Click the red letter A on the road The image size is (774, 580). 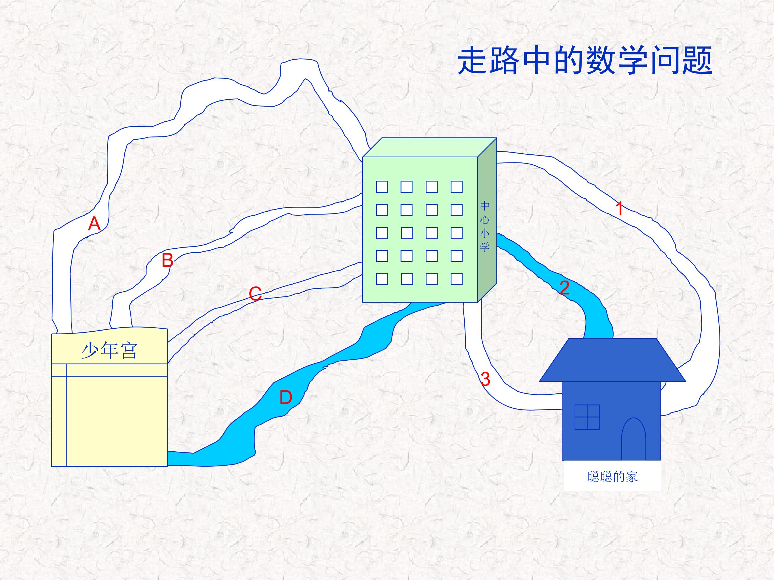tap(94, 224)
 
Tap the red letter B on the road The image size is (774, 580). tap(168, 260)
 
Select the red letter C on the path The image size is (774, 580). tap(255, 294)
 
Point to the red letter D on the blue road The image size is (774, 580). tap(285, 397)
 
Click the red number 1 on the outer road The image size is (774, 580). tap(619, 208)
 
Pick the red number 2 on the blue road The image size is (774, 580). tap(564, 287)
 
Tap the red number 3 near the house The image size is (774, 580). tap(485, 379)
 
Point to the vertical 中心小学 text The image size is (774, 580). tap(485, 226)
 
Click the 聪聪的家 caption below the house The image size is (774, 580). tap(612, 477)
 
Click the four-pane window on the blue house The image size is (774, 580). tap(587, 417)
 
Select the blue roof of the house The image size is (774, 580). tap(612, 360)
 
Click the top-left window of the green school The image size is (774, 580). tap(382, 187)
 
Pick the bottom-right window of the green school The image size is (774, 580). tap(457, 279)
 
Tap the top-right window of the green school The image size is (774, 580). tap(457, 187)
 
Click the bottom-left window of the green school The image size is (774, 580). tap(382, 279)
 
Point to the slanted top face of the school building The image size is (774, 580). tap(430, 147)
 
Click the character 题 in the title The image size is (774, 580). tap(697, 61)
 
